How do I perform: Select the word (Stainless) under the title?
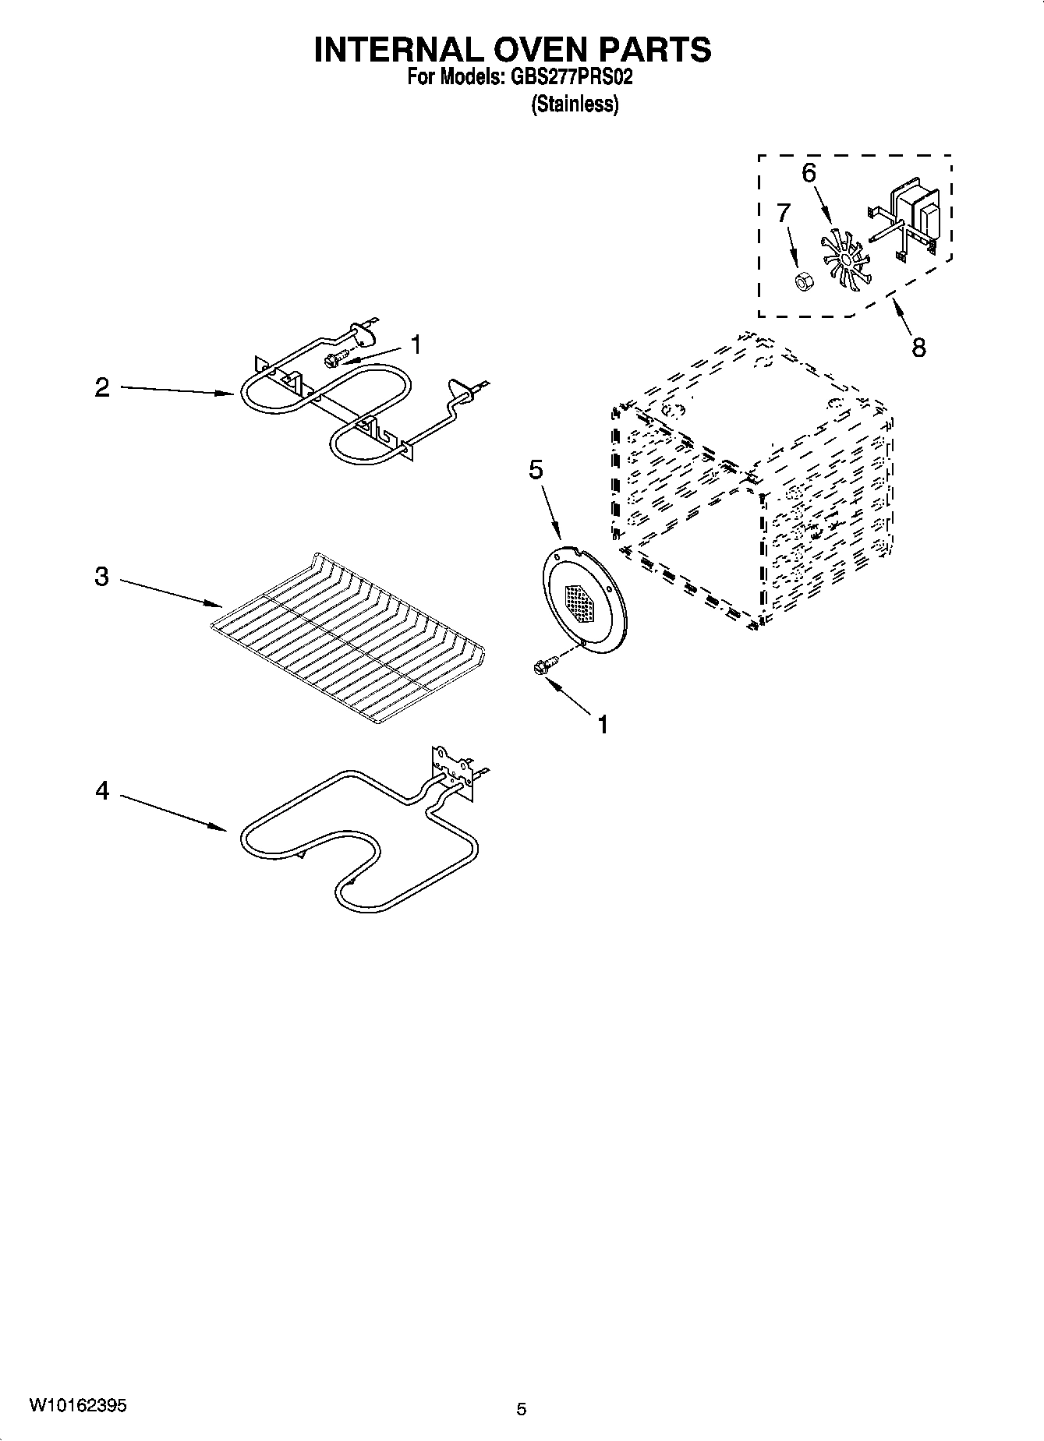[575, 104]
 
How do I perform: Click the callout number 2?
[103, 387]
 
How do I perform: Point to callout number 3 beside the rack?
[102, 577]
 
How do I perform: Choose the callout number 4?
[103, 791]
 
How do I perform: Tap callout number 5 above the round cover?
[536, 470]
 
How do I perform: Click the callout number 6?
[809, 173]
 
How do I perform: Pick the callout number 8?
[918, 348]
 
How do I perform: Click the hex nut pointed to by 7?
[801, 281]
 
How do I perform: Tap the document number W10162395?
[78, 1405]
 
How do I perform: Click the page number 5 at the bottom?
[522, 1408]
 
